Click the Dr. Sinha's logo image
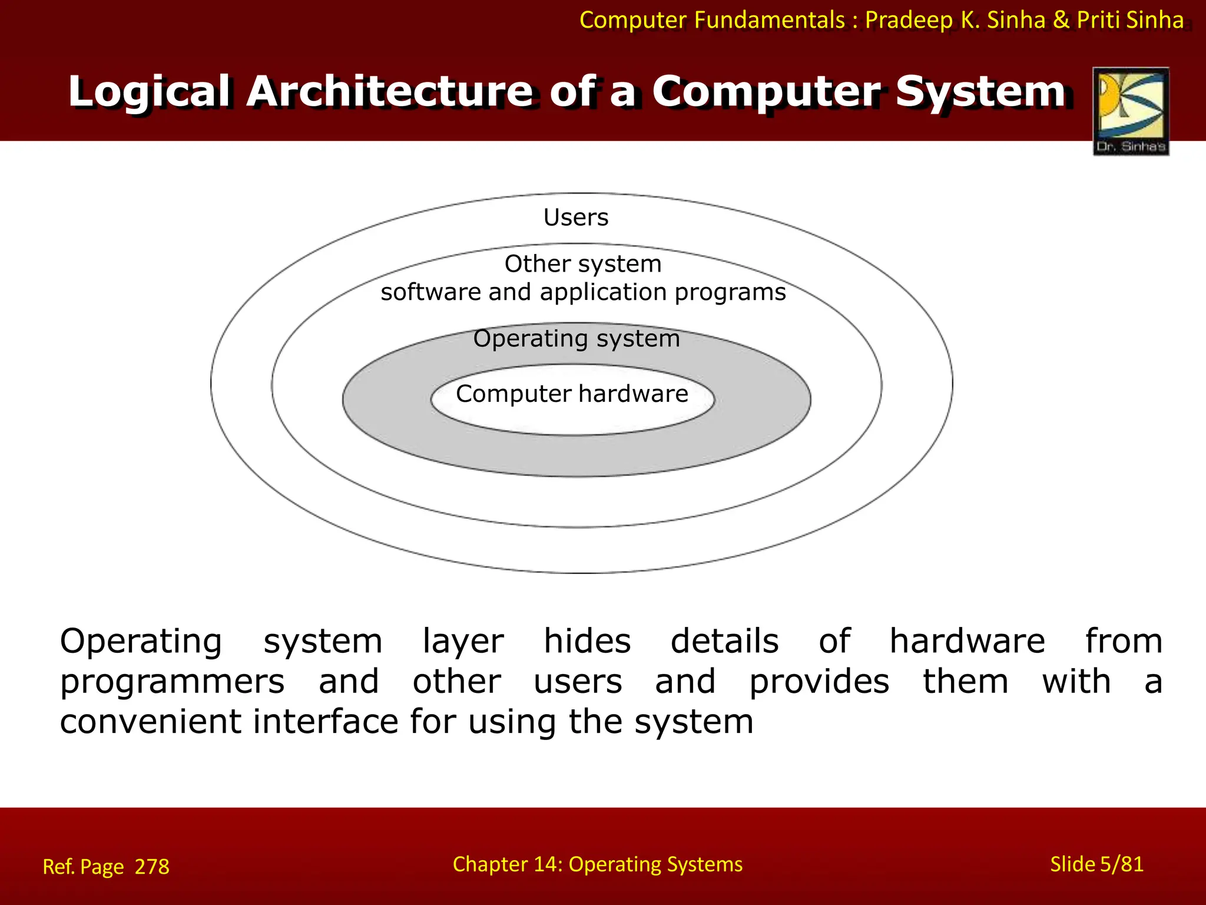pyautogui.click(x=1131, y=111)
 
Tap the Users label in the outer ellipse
pyautogui.click(x=575, y=217)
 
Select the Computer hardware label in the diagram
pyautogui.click(x=572, y=394)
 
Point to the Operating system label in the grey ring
pyautogui.click(x=577, y=339)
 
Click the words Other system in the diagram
pyautogui.click(x=583, y=263)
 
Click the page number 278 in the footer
pyautogui.click(x=152, y=867)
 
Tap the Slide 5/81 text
pyautogui.click(x=1096, y=864)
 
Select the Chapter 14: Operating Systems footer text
pyautogui.click(x=597, y=864)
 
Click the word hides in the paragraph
pyautogui.click(x=587, y=641)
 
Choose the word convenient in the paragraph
pyautogui.click(x=150, y=722)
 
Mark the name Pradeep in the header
pyautogui.click(x=909, y=20)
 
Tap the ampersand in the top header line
pyautogui.click(x=1061, y=20)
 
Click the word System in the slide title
pyautogui.click(x=980, y=92)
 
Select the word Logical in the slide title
pyautogui.click(x=148, y=92)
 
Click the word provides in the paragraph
pyautogui.click(x=819, y=682)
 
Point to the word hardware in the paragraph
pyautogui.click(x=967, y=641)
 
